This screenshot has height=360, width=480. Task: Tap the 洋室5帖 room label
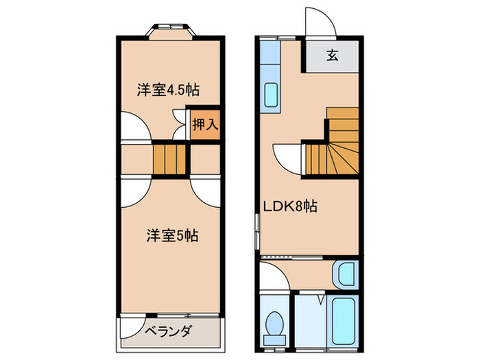click(x=172, y=236)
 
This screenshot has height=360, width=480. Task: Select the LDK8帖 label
click(x=290, y=205)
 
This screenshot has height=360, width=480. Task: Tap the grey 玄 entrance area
click(x=332, y=56)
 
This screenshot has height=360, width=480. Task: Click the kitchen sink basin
click(x=271, y=97)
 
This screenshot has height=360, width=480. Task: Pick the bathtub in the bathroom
click(x=341, y=320)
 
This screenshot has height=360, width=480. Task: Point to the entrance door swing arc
click(x=321, y=23)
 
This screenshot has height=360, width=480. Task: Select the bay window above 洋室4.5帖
click(x=172, y=29)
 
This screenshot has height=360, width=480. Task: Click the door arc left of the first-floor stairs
click(x=288, y=156)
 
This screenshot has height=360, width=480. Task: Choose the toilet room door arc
click(x=274, y=276)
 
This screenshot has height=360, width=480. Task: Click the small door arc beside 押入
click(x=180, y=130)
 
